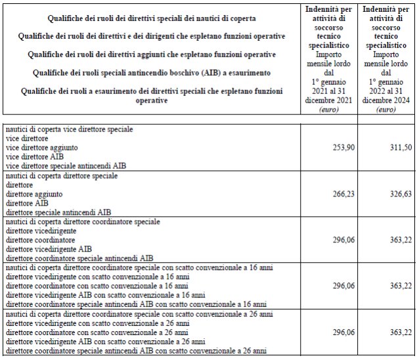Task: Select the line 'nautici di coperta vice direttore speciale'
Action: point(69,129)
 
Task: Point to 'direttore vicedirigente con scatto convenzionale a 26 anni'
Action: point(97,323)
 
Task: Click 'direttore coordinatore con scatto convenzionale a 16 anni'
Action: point(97,286)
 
